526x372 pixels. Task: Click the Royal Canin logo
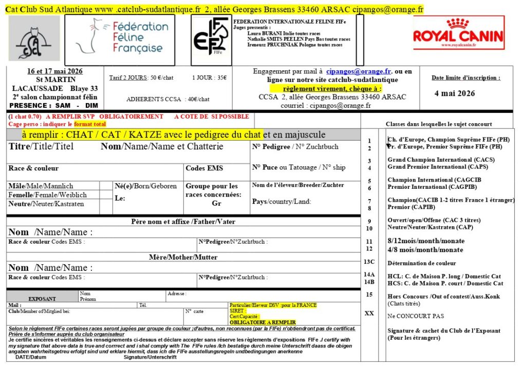[x=458, y=34]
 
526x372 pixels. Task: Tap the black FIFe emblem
[x=211, y=36]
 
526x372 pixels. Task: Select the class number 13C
[x=369, y=262]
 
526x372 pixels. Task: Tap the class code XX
[x=369, y=313]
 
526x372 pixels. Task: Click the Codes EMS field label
[x=204, y=168]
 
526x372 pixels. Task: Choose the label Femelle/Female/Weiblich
[x=48, y=195]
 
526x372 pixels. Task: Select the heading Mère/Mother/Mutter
[x=183, y=257]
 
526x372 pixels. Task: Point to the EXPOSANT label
[x=42, y=298]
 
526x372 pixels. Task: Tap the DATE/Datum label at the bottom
[x=31, y=357]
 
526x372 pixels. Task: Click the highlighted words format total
[x=90, y=124]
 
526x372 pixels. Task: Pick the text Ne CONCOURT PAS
[x=416, y=316]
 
